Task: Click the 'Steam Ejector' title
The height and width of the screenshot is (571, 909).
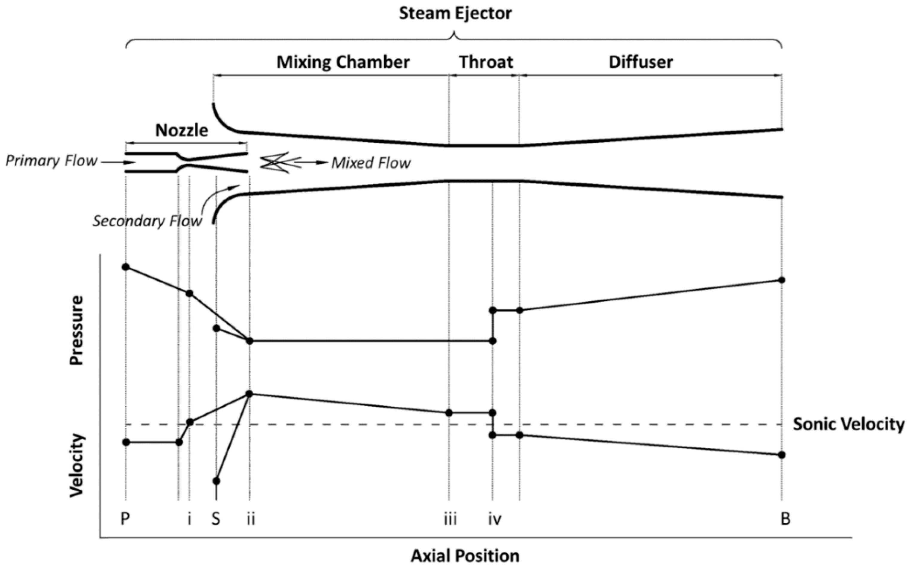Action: click(455, 13)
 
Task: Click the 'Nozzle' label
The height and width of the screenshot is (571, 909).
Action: click(182, 131)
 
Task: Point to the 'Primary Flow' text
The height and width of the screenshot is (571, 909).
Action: click(51, 161)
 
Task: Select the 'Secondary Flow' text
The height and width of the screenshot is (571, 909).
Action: click(147, 221)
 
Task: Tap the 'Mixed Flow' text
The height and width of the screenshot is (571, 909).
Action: click(371, 163)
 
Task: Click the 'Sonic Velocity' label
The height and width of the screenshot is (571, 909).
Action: click(849, 424)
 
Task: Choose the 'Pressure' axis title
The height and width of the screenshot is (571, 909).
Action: click(76, 330)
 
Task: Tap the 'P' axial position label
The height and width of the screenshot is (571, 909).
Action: click(125, 519)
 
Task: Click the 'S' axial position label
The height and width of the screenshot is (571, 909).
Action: click(216, 519)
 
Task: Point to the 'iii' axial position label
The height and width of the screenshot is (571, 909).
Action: click(450, 519)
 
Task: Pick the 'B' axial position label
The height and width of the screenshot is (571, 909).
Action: click(785, 519)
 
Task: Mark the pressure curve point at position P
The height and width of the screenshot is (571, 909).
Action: click(126, 267)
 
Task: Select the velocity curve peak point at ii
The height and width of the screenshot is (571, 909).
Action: click(249, 394)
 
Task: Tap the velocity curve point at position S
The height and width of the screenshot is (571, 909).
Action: click(216, 481)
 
